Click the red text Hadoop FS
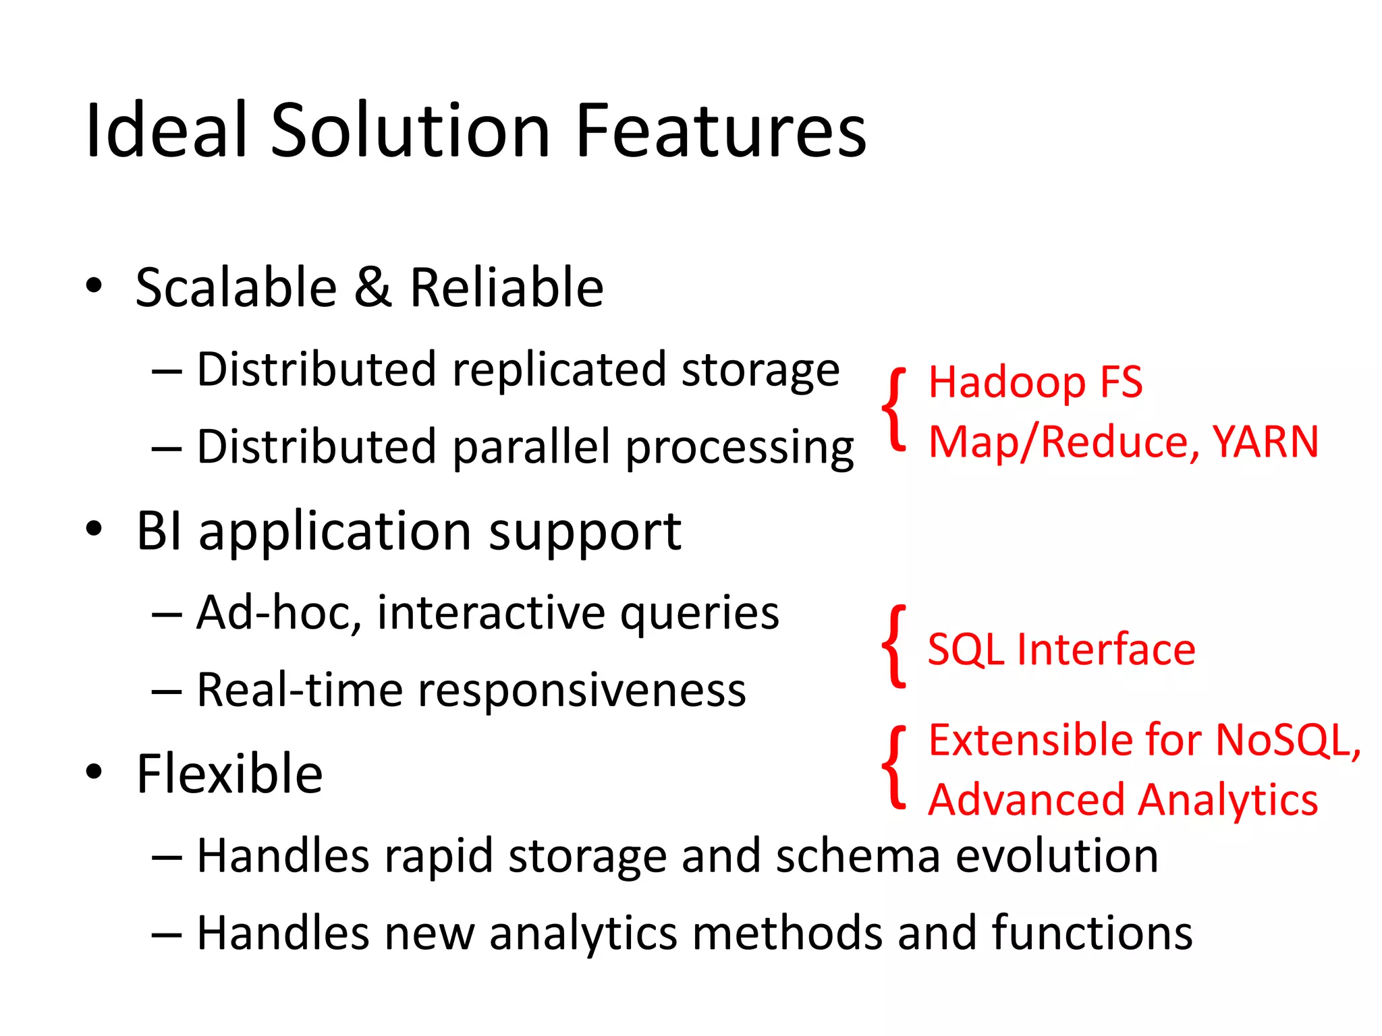click(1035, 382)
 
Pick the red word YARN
click(1265, 442)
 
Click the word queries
click(699, 614)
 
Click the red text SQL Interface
click(1061, 650)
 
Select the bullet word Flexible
click(229, 774)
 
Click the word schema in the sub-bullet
click(858, 857)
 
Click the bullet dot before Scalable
click(94, 286)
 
